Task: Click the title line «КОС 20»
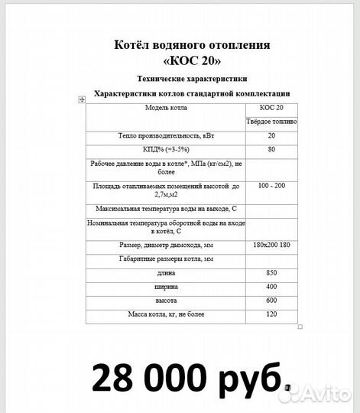tap(191, 60)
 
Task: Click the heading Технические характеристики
tap(192, 80)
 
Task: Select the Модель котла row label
tap(166, 108)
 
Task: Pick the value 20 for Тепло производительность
tap(271, 135)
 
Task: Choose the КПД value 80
tap(271, 149)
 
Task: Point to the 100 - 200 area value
tap(271, 186)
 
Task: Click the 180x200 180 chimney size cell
tap(271, 245)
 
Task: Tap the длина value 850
tap(271, 273)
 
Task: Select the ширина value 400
tap(271, 287)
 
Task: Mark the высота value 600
tap(271, 301)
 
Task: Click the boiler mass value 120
tap(271, 314)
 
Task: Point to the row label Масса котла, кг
tap(166, 314)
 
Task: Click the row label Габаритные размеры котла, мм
tap(166, 259)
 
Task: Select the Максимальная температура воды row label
tap(166, 209)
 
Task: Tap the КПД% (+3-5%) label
tap(166, 149)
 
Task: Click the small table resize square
tap(300, 327)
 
